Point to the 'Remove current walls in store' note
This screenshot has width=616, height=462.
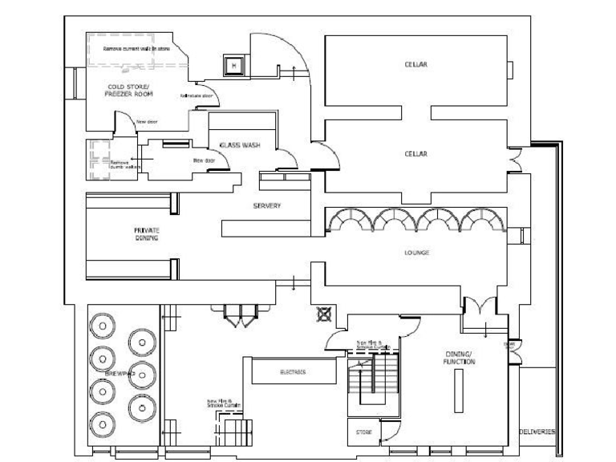click(136, 48)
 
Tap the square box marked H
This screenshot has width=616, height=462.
click(233, 66)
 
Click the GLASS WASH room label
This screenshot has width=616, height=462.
click(239, 145)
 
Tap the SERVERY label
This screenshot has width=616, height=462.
click(267, 206)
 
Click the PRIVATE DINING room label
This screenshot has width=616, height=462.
click(147, 233)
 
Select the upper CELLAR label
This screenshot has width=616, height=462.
click(415, 64)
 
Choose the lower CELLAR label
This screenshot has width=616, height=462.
click(415, 153)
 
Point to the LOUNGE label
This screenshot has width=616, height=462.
click(416, 253)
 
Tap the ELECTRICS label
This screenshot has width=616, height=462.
click(292, 372)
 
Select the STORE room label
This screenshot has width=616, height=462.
click(363, 432)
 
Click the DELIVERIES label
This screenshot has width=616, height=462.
click(537, 432)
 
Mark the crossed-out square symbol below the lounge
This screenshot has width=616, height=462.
click(324, 314)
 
